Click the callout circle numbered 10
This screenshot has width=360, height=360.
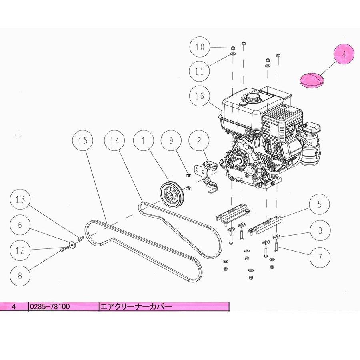[x=200, y=47]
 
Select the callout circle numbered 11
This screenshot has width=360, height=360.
[x=200, y=72]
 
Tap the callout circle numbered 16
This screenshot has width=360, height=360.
[x=200, y=96]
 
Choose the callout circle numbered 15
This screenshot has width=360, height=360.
[x=82, y=140]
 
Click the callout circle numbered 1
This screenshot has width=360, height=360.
[x=142, y=140]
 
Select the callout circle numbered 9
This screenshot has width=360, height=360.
[x=171, y=140]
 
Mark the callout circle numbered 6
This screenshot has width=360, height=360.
[x=20, y=225]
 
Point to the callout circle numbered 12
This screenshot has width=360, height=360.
[x=20, y=251]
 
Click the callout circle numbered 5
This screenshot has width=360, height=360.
[x=319, y=205]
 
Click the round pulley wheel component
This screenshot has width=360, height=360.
[x=171, y=194]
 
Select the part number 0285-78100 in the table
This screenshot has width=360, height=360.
[x=50, y=307]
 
